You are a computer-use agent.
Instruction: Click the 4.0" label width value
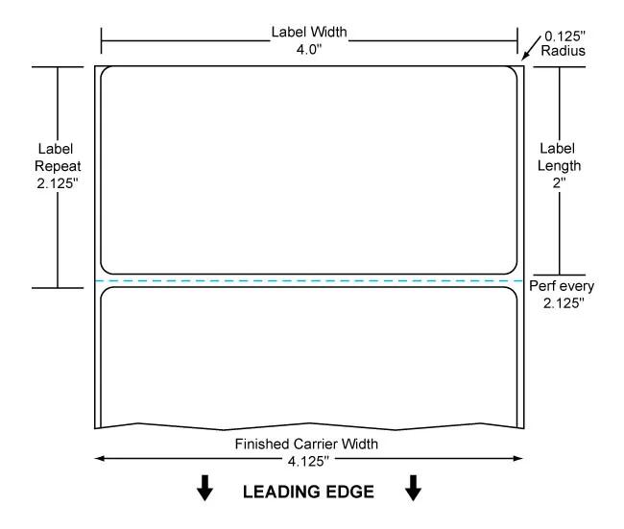tap(309, 50)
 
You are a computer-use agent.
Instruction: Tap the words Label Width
tap(309, 32)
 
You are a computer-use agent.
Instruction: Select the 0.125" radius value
tap(564, 36)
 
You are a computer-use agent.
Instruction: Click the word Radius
tap(564, 51)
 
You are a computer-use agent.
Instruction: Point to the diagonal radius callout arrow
tap(531, 48)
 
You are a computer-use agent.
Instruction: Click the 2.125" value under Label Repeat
tap(58, 183)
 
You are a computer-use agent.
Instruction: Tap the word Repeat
tap(58, 166)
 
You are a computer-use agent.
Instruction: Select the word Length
tap(559, 165)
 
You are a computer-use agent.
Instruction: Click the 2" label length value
tap(559, 183)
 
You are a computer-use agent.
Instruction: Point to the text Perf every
tap(562, 286)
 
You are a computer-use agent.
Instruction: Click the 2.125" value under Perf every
tap(564, 303)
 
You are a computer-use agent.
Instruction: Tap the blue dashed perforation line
tap(309, 280)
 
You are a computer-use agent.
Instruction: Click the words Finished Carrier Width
tap(306, 444)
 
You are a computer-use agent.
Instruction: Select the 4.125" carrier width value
tap(308, 462)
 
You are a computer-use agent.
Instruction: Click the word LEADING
tap(278, 492)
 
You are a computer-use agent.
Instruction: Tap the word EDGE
tap(347, 492)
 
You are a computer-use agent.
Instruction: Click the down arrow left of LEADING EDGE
tap(204, 488)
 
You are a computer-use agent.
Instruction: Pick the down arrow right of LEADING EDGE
tap(413, 488)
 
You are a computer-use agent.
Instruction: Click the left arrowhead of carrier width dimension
tap(100, 459)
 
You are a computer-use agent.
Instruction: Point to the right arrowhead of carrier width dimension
tap(518, 459)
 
